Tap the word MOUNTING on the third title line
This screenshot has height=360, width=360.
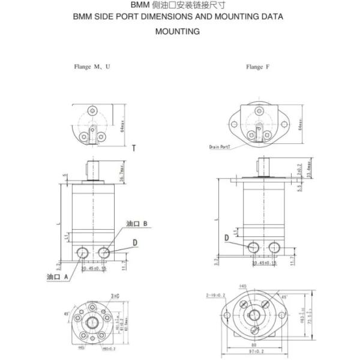point(177,31)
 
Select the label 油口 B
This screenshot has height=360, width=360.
point(137,224)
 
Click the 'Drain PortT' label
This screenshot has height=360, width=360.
point(221,146)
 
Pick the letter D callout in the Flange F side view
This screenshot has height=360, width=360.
point(227,238)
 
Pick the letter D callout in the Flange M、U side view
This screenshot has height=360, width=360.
point(136,242)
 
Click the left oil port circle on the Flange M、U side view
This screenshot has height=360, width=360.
point(83,251)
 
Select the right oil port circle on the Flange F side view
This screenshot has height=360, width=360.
point(275,247)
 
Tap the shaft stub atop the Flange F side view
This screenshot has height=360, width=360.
point(263,164)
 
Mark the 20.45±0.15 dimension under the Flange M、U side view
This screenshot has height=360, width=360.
point(93,268)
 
